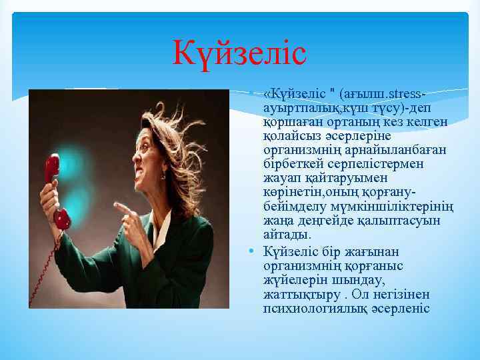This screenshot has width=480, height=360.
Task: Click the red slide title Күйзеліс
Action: (x=239, y=53)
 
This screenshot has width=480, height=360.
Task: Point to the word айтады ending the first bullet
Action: (x=287, y=235)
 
